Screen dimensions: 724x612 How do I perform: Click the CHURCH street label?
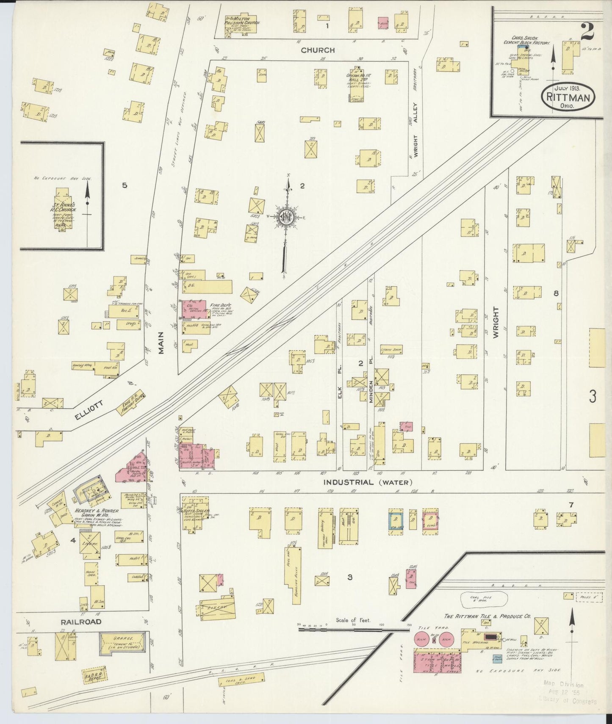pos(318,50)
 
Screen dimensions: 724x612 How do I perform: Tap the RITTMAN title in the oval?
pos(568,97)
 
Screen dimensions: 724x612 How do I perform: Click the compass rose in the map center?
pos(287,217)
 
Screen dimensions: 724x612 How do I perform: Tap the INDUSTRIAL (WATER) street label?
pos(367,482)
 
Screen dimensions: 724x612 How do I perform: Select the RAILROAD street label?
pos(80,622)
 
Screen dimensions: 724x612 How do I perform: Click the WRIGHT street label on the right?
pos(496,322)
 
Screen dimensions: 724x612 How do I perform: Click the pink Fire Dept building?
pos(194,310)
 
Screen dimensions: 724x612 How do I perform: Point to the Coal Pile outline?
pos(483,599)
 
